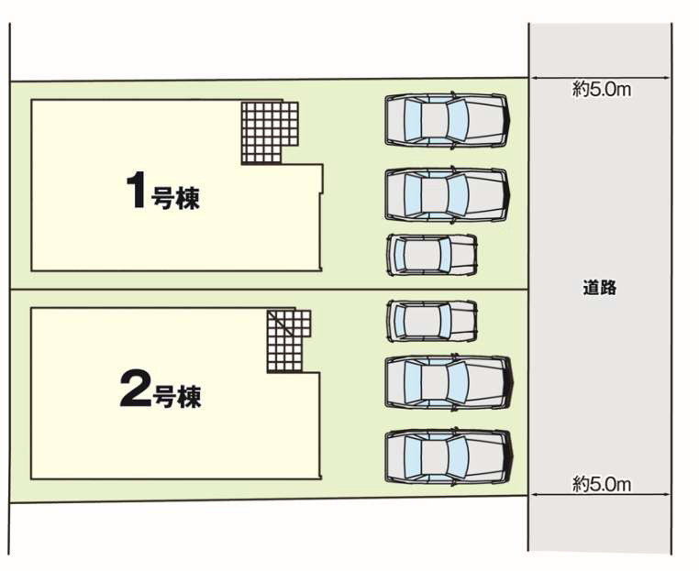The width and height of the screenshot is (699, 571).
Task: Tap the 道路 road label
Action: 599,288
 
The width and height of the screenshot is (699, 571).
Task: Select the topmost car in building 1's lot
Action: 447,119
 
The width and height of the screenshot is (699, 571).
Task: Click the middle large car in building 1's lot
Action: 447,193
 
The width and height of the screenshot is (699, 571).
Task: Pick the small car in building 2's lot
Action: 432,320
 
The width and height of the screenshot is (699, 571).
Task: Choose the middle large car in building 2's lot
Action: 448,381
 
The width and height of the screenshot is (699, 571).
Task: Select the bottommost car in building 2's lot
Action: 448,456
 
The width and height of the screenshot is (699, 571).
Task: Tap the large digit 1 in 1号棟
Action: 135,191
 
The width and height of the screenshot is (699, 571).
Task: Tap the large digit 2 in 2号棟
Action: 134,392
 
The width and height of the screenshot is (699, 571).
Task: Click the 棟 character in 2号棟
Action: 189,397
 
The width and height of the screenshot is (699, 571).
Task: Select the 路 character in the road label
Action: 608,288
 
